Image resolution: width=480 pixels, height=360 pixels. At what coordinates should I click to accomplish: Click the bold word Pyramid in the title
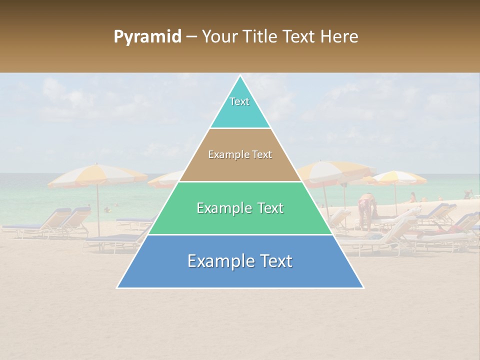coord(147,37)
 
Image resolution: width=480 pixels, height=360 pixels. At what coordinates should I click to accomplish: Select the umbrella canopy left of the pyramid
coord(97,175)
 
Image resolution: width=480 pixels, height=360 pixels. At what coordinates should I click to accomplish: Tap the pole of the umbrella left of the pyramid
coord(98,210)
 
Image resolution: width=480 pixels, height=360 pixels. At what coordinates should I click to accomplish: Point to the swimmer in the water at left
coord(106,209)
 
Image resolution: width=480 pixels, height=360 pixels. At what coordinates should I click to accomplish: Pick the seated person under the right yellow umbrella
coord(413,197)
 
